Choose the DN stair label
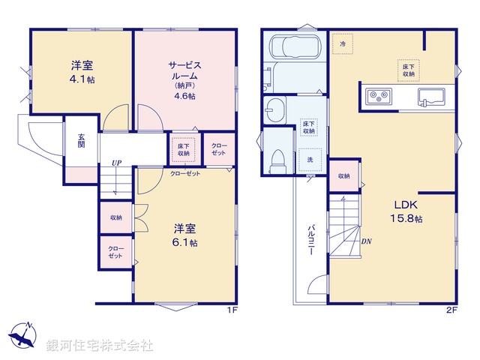point(367,241)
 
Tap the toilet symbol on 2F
point(277,158)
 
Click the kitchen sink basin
point(430,96)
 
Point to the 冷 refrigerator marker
point(343,45)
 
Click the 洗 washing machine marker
point(310,159)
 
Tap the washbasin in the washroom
point(274,107)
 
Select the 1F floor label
point(233,309)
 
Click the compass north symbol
point(25,334)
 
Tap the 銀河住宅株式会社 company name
point(100,346)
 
